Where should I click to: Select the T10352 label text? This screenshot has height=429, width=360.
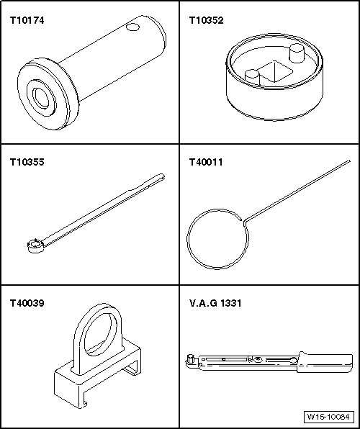(205, 21)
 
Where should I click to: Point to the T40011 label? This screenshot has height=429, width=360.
(205, 162)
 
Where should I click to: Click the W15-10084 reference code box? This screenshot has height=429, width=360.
(328, 417)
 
